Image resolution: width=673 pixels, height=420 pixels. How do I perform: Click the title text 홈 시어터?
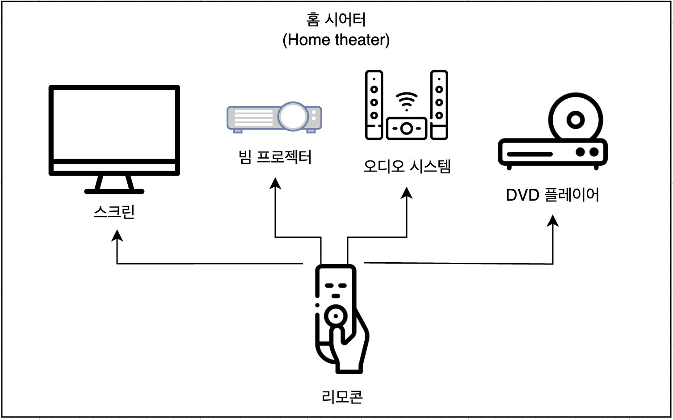pyautogui.click(x=336, y=20)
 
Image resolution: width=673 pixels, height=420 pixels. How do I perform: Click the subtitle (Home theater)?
pyautogui.click(x=336, y=40)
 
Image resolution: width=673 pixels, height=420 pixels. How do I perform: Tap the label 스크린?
pyautogui.click(x=114, y=211)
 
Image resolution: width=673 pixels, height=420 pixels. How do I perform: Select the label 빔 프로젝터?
pyautogui.click(x=275, y=157)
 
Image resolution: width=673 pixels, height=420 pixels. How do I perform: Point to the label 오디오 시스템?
pyautogui.click(x=407, y=166)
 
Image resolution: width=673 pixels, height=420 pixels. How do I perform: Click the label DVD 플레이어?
pyautogui.click(x=552, y=195)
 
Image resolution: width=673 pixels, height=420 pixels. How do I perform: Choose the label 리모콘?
pyautogui.click(x=342, y=396)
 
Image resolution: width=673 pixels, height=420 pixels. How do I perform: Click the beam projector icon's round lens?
pyautogui.click(x=293, y=116)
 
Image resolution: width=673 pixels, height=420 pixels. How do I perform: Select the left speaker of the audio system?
pyautogui.click(x=374, y=105)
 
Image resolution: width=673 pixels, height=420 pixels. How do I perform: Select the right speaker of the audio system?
pyautogui.click(x=439, y=105)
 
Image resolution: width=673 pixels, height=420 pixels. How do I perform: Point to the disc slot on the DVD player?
pyautogui.click(x=530, y=154)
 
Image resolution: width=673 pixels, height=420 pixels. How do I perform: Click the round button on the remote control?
pyautogui.click(x=335, y=316)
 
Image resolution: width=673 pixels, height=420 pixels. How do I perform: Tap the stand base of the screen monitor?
pyautogui.click(x=114, y=191)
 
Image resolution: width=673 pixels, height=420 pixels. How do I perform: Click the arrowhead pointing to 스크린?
pyautogui.click(x=117, y=235)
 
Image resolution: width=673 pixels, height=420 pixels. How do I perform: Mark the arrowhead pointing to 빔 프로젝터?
pyautogui.click(x=275, y=183)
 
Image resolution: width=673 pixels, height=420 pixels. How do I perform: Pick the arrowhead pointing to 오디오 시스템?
pyautogui.click(x=407, y=193)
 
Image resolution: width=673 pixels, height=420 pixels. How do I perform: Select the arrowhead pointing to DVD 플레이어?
pyautogui.click(x=553, y=220)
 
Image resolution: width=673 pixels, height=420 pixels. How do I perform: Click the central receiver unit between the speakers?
pyautogui.click(x=406, y=129)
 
